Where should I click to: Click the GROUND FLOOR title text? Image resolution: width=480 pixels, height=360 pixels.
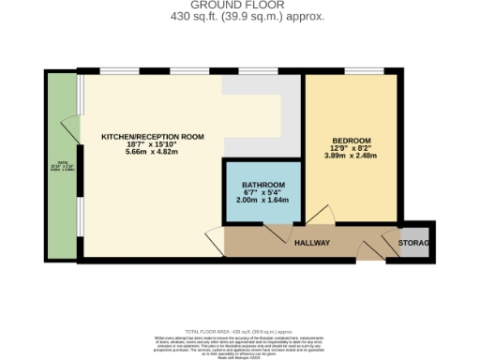tap(239, 5)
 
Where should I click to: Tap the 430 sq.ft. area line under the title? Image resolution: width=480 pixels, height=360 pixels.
tap(239, 16)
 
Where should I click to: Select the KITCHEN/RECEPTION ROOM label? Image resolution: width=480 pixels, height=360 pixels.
tap(153, 137)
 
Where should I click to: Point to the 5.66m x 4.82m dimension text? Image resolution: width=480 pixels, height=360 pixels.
tap(153, 154)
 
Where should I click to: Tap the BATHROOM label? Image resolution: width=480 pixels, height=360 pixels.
tap(262, 185)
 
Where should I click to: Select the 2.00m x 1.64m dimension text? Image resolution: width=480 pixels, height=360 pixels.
tap(262, 200)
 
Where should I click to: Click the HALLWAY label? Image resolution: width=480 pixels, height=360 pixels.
tap(312, 244)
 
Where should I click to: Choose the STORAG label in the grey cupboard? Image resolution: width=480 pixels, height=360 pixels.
tap(414, 244)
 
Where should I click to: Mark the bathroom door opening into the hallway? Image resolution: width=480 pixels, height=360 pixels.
tap(275, 232)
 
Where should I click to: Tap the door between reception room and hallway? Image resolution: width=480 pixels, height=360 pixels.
tap(216, 241)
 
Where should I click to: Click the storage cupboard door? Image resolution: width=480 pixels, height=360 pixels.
tap(390, 246)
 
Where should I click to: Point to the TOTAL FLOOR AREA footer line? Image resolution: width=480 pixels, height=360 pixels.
tap(239, 332)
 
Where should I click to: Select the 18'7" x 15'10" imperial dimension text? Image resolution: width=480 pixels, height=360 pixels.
tap(153, 145)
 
